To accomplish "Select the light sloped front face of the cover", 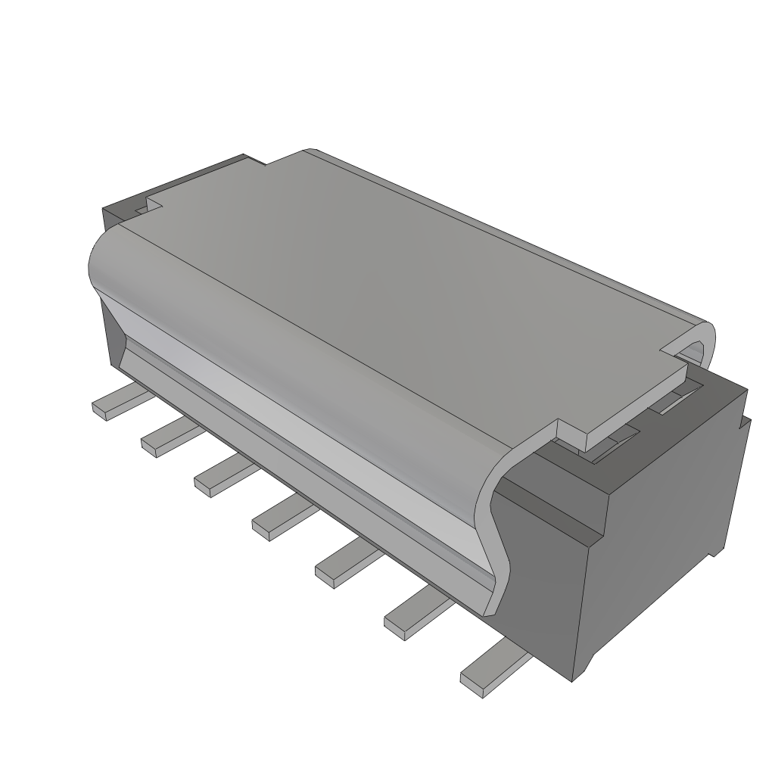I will (x=303, y=424).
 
